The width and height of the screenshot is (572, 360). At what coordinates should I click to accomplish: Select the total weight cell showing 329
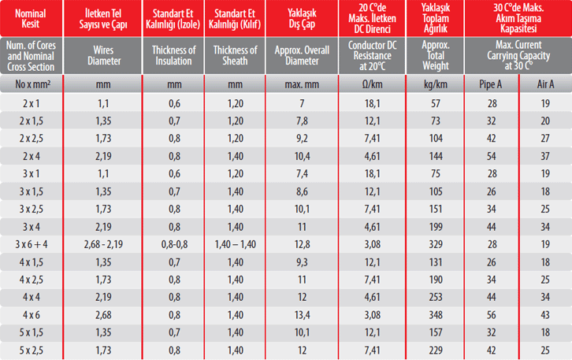tap(435, 243)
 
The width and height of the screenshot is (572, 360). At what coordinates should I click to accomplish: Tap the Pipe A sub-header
tap(490, 84)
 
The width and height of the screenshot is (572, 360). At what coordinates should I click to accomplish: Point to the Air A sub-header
tap(544, 84)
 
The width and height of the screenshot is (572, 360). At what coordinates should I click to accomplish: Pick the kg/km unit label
tap(435, 84)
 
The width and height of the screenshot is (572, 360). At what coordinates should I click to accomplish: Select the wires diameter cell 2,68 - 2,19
tap(102, 243)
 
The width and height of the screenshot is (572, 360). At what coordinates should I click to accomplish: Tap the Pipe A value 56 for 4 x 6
tap(490, 314)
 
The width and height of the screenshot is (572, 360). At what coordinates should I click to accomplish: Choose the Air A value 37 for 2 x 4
tap(544, 156)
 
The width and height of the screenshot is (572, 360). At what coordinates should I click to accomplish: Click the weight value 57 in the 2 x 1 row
tap(435, 104)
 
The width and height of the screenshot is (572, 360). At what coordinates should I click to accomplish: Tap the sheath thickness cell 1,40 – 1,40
tap(235, 243)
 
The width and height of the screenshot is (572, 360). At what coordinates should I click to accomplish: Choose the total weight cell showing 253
tap(435, 296)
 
